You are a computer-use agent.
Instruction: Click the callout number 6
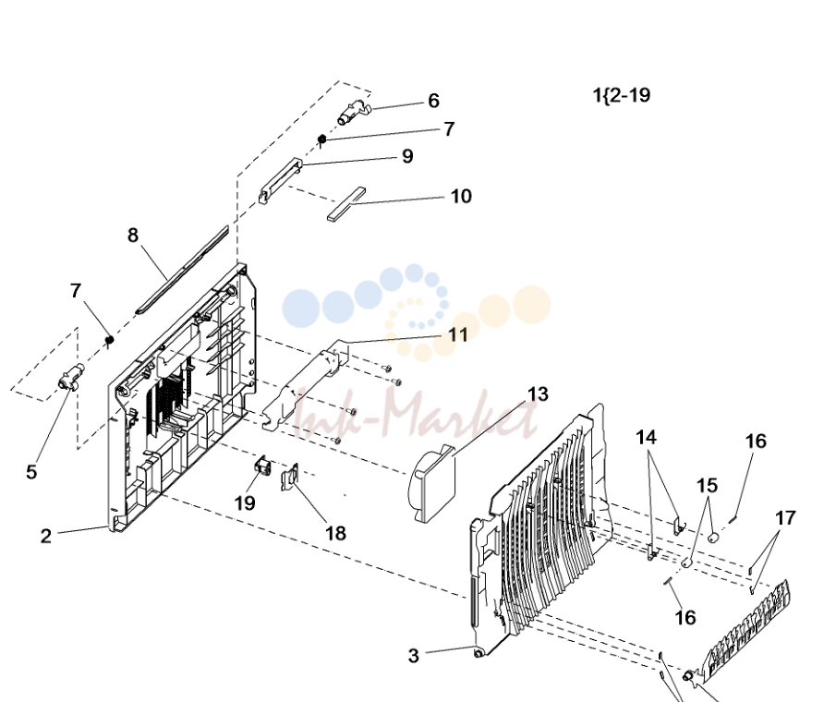[x=433, y=101]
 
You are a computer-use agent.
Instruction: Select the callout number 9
[x=407, y=156]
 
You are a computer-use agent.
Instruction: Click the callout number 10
[x=461, y=196]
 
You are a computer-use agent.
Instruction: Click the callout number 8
[x=133, y=235]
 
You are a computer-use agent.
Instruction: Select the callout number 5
[x=31, y=472]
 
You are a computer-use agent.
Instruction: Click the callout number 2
[x=46, y=536]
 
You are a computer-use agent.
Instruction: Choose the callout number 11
[x=458, y=334]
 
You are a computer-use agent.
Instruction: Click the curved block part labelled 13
[x=432, y=483]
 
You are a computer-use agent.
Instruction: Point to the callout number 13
[x=538, y=394]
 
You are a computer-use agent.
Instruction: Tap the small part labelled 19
[x=261, y=466]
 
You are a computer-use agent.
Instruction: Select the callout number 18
[x=335, y=533]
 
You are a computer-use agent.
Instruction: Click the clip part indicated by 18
[x=290, y=476]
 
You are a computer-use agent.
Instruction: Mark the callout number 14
[x=646, y=438]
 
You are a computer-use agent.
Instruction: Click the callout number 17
[x=785, y=518]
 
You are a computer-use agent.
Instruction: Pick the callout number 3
[x=413, y=656]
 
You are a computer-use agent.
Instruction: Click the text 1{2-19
[x=622, y=95]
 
